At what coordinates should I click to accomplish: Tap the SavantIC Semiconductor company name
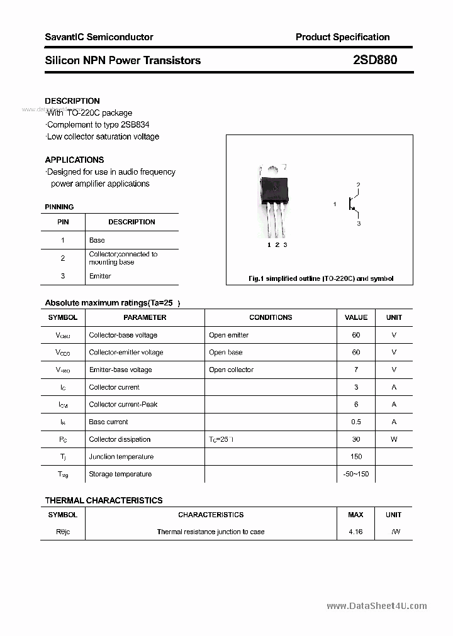click(99, 37)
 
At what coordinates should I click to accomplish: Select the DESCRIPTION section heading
click(72, 101)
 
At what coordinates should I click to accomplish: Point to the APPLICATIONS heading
click(74, 160)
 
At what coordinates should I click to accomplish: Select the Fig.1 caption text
click(320, 278)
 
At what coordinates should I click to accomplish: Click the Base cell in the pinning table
click(97, 240)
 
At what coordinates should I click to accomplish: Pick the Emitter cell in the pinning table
click(100, 276)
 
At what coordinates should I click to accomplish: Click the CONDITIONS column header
click(271, 317)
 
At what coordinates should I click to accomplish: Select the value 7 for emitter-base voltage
click(356, 370)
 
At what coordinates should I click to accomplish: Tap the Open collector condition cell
click(231, 370)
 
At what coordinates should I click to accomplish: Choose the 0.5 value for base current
click(356, 422)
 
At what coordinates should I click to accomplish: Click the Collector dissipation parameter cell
click(120, 439)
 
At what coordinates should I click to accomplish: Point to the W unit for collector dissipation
click(394, 439)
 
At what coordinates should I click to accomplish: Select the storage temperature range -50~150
click(356, 474)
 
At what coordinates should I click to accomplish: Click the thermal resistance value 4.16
click(355, 532)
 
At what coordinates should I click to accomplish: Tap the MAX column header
click(355, 515)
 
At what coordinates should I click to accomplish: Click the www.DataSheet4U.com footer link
click(377, 606)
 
